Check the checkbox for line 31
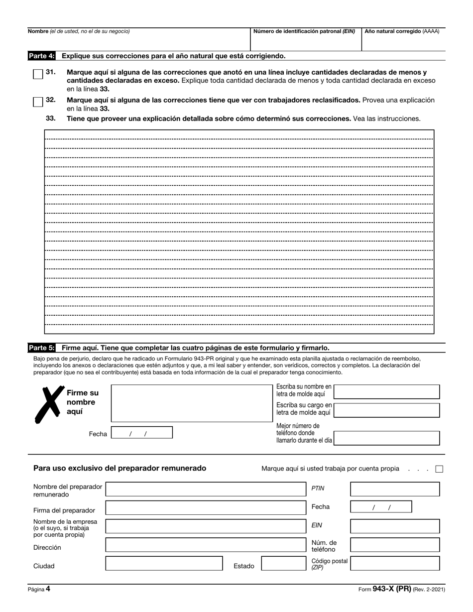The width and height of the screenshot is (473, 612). click(38, 74)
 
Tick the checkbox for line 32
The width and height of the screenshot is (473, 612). click(38, 102)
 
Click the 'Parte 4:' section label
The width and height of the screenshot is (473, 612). click(42, 56)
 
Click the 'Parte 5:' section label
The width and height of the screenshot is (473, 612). click(42, 348)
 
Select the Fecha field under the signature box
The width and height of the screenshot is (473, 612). click(141, 433)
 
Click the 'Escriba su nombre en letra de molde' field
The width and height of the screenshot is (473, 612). click(386, 392)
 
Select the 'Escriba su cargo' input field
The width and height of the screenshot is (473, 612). click(386, 410)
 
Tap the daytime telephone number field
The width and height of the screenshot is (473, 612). click(386, 438)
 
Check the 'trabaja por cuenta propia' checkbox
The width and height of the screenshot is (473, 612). click(439, 469)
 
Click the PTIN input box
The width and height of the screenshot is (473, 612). click(395, 489)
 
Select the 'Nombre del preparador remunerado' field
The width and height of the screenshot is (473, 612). click(206, 489)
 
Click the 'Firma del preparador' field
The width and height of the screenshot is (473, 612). click(206, 508)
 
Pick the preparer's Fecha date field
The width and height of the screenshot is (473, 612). click(381, 507)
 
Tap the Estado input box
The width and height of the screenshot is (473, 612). click(282, 564)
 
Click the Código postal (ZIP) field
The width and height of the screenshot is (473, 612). click(395, 563)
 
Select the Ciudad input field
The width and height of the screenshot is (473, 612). click(164, 564)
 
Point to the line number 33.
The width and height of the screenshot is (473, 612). click(50, 119)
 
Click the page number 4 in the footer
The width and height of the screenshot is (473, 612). click(48, 589)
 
